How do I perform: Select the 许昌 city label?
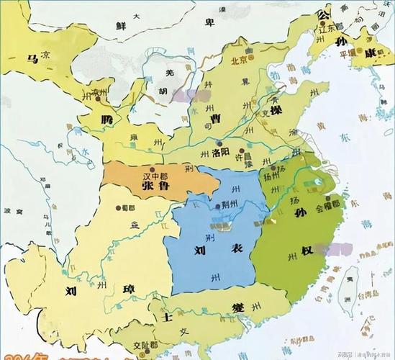click(249, 156)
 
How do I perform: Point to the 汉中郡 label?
click(153, 174)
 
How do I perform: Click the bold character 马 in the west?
click(31, 59)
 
